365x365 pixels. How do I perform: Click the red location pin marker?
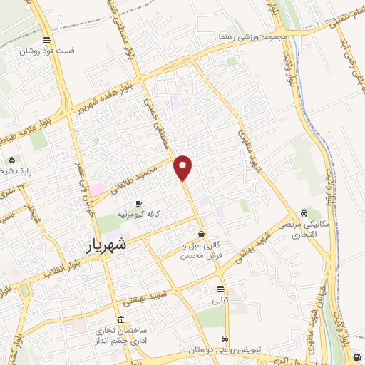(x=184, y=167)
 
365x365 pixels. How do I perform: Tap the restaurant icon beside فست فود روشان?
(x=46, y=40)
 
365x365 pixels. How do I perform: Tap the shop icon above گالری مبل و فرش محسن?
(x=202, y=233)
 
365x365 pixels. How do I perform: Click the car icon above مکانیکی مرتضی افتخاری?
(x=305, y=213)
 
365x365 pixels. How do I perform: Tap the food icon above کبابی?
(x=220, y=289)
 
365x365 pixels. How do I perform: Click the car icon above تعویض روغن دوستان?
(x=225, y=339)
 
